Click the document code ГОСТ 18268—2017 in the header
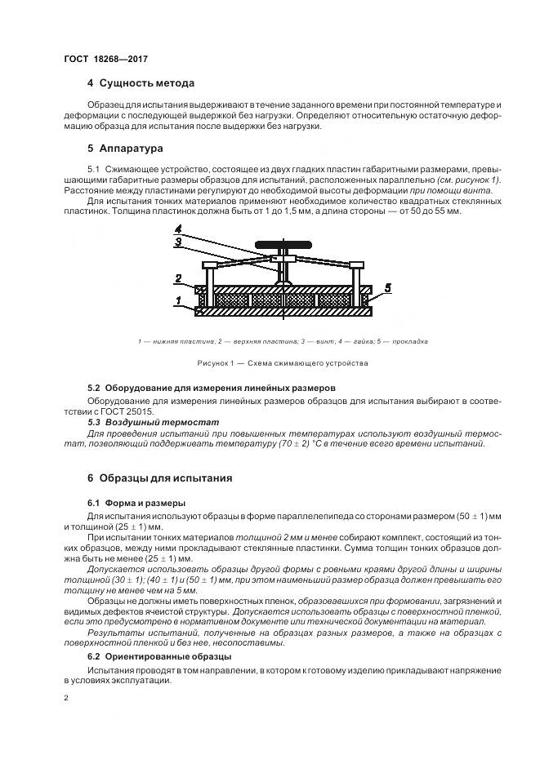pyautogui.click(x=105, y=59)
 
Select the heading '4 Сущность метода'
pyautogui.click(x=141, y=83)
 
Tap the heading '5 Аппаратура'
pyautogui.click(x=125, y=149)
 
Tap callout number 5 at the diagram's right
pyautogui.click(x=389, y=287)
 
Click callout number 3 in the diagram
pyautogui.click(x=178, y=242)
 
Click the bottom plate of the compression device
pyautogui.click(x=281, y=311)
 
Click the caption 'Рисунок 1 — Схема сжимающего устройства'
pyautogui.click(x=283, y=362)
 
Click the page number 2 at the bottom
pyautogui.click(x=65, y=699)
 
